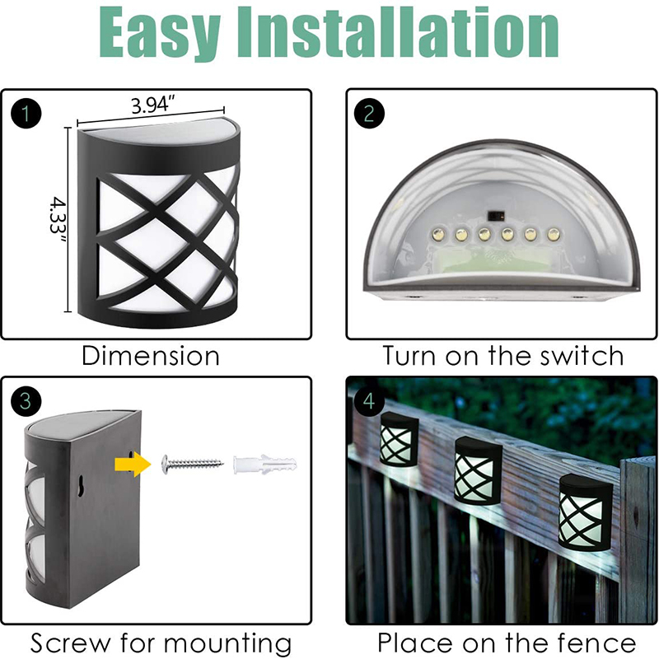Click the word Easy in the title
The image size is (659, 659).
(x=160, y=33)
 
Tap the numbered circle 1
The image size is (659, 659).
(x=26, y=114)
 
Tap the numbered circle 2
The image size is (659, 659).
(x=369, y=114)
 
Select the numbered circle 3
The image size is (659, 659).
(x=26, y=401)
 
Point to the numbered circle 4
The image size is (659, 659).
(x=369, y=401)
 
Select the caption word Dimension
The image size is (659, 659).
(x=151, y=357)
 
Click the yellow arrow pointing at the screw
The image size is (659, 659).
(x=133, y=465)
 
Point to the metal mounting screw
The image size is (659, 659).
(x=193, y=464)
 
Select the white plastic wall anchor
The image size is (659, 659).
(x=265, y=465)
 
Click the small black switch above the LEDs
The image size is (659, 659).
(x=495, y=215)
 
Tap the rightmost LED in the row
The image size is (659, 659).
(x=554, y=234)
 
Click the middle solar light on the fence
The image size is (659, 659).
(x=478, y=469)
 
